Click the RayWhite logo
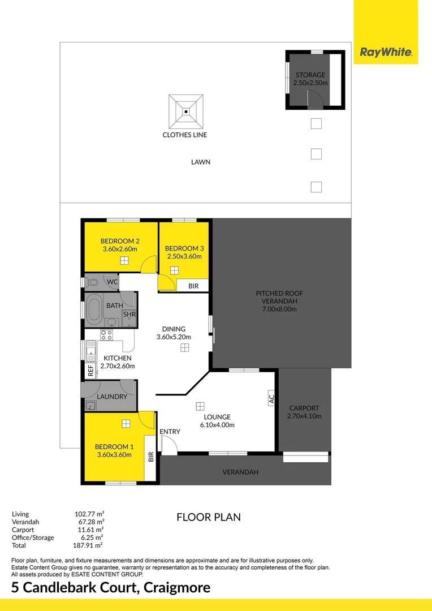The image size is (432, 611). (x=386, y=53)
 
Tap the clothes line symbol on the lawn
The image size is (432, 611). (x=185, y=111)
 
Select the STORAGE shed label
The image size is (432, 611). (x=310, y=75)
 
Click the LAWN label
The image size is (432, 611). (x=201, y=162)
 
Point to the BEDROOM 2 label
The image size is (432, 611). (x=119, y=240)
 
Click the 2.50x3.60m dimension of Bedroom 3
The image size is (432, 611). (x=184, y=256)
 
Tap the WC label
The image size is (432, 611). (x=112, y=281)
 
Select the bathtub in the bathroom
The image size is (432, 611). (x=94, y=309)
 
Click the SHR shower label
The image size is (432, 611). (x=129, y=315)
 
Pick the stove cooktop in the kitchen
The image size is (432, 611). (x=106, y=334)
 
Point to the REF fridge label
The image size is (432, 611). (x=90, y=371)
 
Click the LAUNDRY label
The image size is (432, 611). (x=112, y=397)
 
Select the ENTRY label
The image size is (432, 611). (x=170, y=432)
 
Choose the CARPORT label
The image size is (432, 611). (x=304, y=408)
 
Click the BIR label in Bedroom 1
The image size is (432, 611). (x=151, y=457)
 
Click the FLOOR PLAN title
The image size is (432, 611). (x=209, y=517)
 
